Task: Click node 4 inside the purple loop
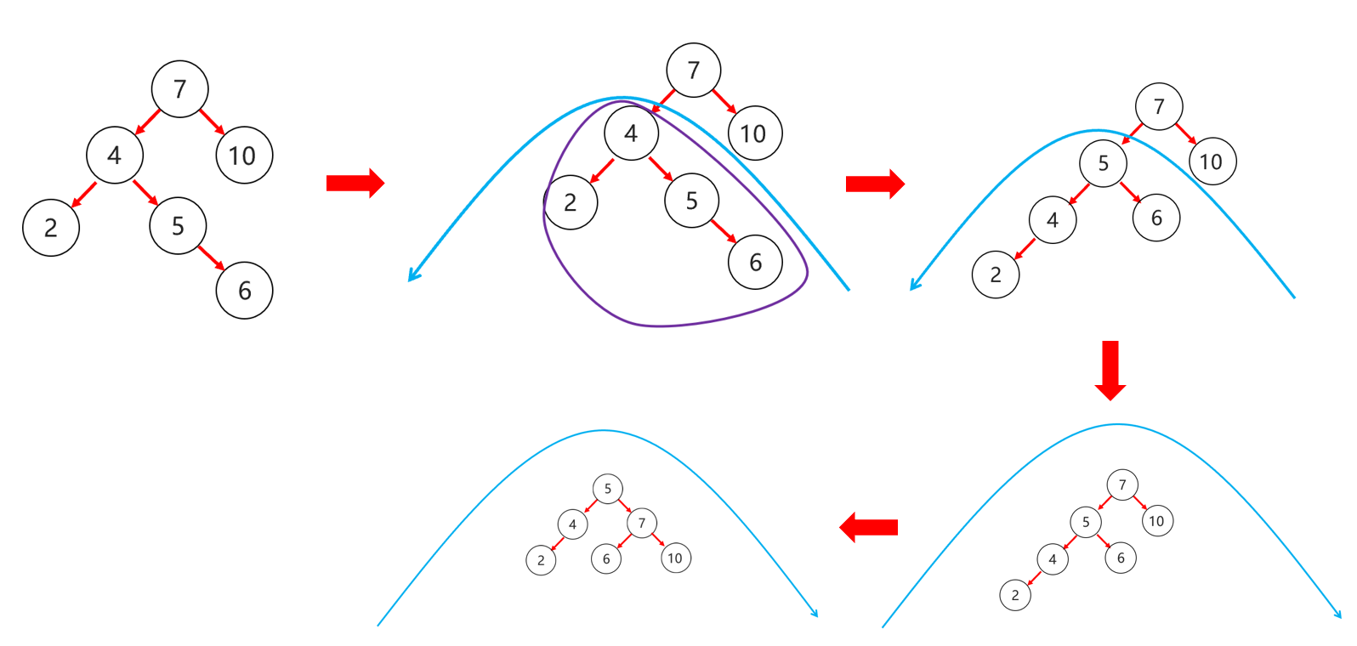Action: click(631, 133)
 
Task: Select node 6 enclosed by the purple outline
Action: click(755, 262)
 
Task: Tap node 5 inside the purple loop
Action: click(692, 201)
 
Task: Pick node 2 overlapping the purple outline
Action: click(571, 202)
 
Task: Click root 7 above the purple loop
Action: click(694, 70)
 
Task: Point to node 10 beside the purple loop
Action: click(754, 133)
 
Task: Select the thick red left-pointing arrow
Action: click(869, 527)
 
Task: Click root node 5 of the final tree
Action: click(608, 489)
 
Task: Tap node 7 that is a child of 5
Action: click(642, 523)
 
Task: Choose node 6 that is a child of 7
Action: click(606, 558)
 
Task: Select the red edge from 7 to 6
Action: click(623, 541)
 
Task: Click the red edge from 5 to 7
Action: click(625, 506)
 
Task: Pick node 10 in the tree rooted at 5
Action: click(675, 558)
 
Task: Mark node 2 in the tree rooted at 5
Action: click(541, 560)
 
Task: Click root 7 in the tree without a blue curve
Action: click(179, 88)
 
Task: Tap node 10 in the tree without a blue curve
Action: click(244, 156)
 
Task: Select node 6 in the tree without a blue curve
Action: click(245, 291)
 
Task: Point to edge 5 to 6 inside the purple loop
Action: click(723, 230)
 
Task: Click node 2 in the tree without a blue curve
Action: click(51, 228)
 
